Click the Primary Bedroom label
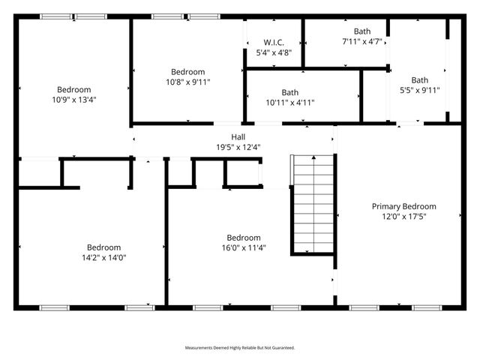point(404,206)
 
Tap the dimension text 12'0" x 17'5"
point(404,216)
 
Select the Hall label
point(238,137)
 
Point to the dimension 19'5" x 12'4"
point(238,147)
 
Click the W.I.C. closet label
point(273,43)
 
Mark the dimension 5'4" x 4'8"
point(273,52)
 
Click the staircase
point(312,205)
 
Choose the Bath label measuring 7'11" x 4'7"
point(362,31)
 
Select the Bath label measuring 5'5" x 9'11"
point(419,80)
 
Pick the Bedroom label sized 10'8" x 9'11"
point(187,72)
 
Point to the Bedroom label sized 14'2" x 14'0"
point(103,247)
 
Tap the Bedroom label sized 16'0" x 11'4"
point(244,238)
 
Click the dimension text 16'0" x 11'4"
point(244,247)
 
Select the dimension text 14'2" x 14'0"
point(103,257)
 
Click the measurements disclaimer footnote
point(240,348)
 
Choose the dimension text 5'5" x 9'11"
point(419,90)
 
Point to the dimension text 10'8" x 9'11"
point(187,82)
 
